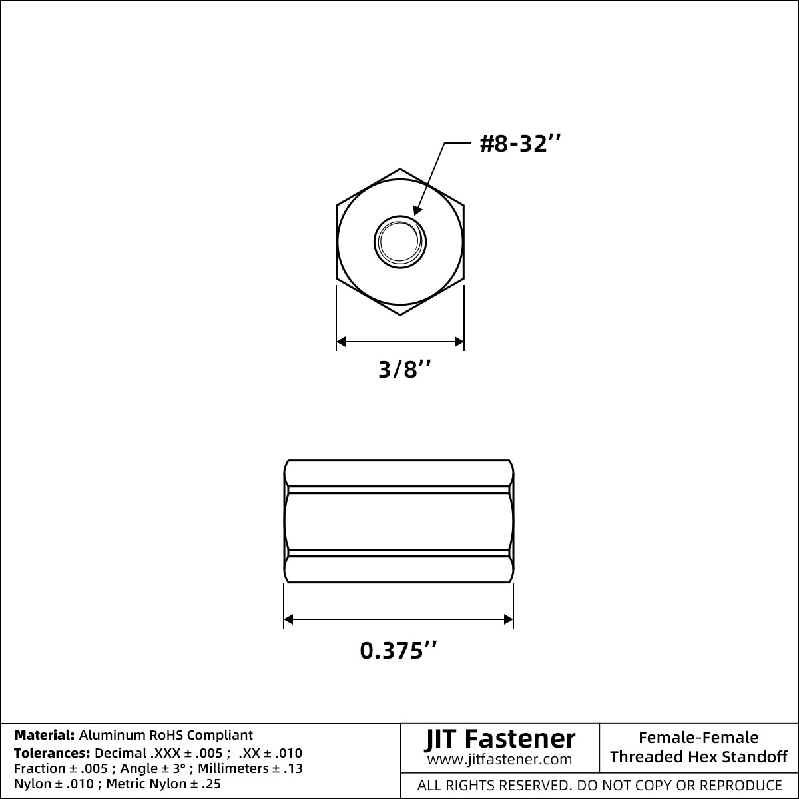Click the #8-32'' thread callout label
pyautogui.click(x=520, y=144)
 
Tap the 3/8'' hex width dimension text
pyautogui.click(x=405, y=369)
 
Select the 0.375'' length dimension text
pyautogui.click(x=398, y=650)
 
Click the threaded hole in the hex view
pyautogui.click(x=400, y=242)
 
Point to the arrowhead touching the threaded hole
pyautogui.click(x=417, y=210)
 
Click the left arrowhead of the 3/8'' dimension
pyautogui.click(x=341, y=342)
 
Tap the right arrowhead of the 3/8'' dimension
pyautogui.click(x=459, y=342)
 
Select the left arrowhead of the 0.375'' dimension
pyautogui.click(x=288, y=619)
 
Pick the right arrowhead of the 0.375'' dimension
pyautogui.click(x=508, y=619)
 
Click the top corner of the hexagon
pyautogui.click(x=400, y=168)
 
